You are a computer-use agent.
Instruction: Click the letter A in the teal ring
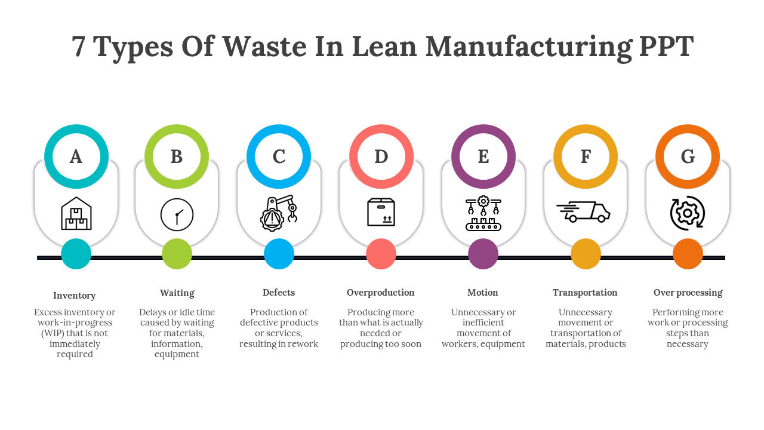click(76, 156)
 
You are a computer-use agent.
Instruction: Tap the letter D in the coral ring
click(381, 156)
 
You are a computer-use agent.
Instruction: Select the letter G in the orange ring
click(688, 156)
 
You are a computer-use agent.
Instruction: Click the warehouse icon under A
click(76, 214)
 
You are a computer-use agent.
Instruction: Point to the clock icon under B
click(177, 214)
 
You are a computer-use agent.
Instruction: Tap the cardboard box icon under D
click(381, 212)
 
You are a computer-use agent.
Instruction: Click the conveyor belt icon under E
click(483, 213)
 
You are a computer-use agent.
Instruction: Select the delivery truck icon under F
click(584, 212)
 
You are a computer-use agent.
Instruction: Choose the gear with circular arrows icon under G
click(688, 213)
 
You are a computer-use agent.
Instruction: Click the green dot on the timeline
click(177, 254)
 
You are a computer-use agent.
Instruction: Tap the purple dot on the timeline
click(483, 254)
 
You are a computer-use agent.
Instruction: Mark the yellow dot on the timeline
click(586, 254)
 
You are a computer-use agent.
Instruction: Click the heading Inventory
click(75, 296)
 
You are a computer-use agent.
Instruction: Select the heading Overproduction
click(381, 293)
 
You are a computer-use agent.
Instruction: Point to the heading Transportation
click(585, 293)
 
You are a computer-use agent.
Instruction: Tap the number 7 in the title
click(78, 47)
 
